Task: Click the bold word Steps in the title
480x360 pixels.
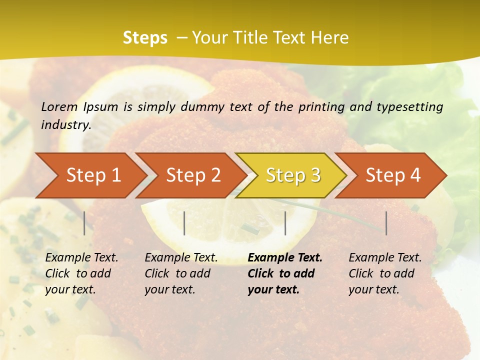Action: click(145, 38)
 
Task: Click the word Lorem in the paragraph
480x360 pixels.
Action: click(59, 106)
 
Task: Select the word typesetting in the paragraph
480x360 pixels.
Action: click(409, 106)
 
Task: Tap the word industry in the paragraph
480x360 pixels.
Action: click(65, 124)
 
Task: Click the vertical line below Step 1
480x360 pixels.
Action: click(84, 223)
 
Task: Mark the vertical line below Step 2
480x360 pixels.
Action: click(184, 223)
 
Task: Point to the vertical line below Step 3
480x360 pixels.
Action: click(285, 223)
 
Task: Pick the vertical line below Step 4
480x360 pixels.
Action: click(386, 223)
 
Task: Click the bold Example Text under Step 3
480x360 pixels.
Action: click(285, 258)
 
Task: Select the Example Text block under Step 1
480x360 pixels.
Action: click(81, 273)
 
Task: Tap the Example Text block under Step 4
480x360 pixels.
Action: click(384, 273)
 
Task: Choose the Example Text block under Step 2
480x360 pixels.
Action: click(181, 273)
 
